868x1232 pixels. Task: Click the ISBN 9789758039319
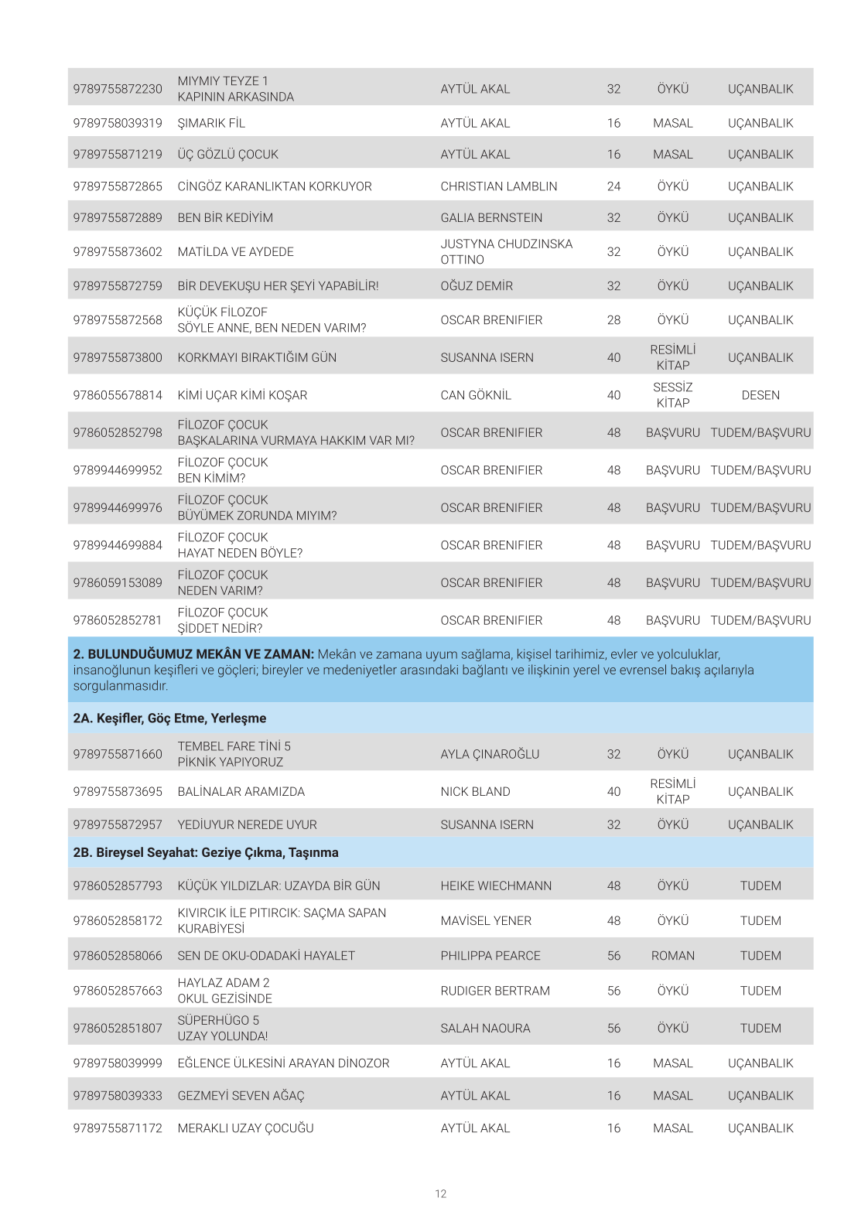point(118,123)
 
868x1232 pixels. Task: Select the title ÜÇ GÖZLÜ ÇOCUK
point(227,155)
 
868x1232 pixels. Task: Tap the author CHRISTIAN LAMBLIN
point(498,186)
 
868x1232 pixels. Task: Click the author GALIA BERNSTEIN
point(491,218)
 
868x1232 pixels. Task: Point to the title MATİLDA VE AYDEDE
point(235,252)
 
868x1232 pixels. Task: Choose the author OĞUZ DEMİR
point(477,286)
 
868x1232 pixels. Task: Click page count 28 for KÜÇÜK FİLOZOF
point(613,320)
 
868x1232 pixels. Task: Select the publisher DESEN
point(760,395)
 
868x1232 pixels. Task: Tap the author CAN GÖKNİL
point(476,395)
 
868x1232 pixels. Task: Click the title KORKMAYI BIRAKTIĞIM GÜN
point(257,358)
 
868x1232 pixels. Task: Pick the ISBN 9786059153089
point(118,583)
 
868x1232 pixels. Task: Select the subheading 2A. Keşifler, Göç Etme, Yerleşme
point(169,718)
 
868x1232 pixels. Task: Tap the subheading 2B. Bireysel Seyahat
point(205,853)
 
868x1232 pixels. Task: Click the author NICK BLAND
point(475,792)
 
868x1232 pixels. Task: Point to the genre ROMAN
point(672,956)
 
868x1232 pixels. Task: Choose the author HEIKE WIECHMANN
point(496,886)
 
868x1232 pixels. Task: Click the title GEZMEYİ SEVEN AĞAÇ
point(241,1096)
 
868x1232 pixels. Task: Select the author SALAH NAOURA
point(485,1029)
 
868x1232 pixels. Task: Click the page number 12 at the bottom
point(440,1194)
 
